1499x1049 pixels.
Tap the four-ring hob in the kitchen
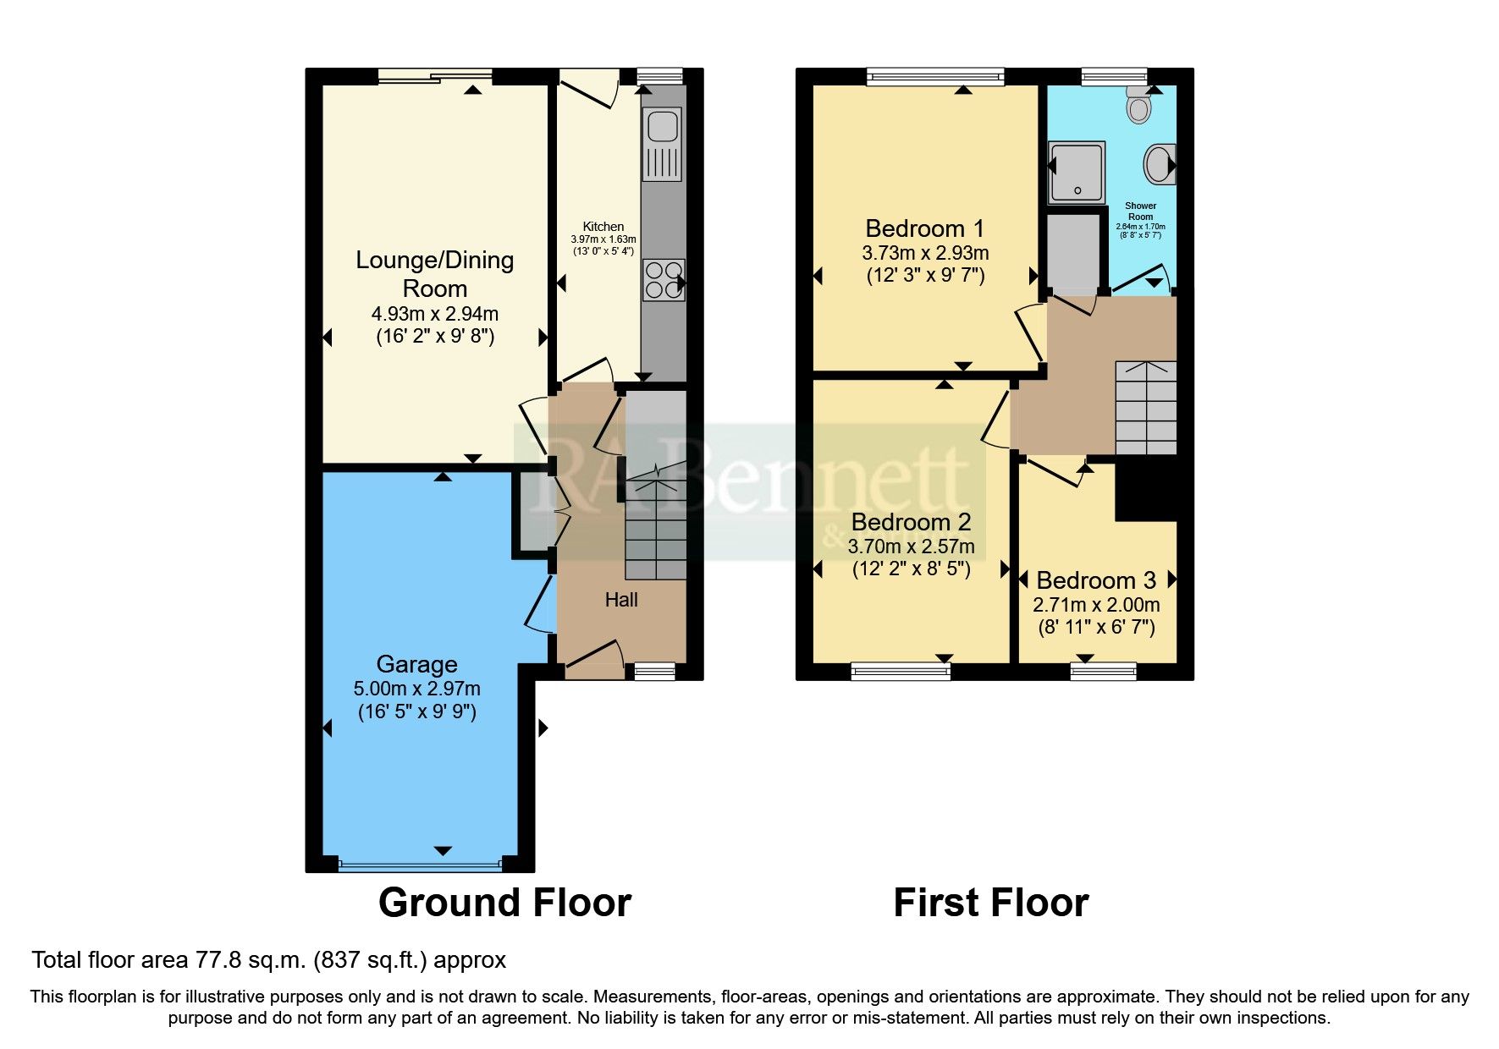(x=664, y=280)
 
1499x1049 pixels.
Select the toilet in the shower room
(x=1139, y=107)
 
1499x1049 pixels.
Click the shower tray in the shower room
(x=1077, y=172)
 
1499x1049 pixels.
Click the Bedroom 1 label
(x=924, y=228)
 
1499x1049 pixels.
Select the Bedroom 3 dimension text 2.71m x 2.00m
(x=1096, y=605)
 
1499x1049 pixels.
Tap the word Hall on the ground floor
(x=621, y=600)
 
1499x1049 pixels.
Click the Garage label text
(x=416, y=664)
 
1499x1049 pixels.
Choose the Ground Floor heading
(x=504, y=903)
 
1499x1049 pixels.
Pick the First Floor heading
(x=990, y=903)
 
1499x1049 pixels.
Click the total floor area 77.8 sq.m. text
(x=268, y=960)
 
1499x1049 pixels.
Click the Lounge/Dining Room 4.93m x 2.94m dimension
(x=434, y=314)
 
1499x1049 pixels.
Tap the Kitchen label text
(x=603, y=227)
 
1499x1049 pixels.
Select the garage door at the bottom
(x=420, y=865)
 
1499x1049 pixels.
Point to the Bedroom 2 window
(x=901, y=672)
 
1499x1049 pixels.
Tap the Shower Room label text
(x=1140, y=211)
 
